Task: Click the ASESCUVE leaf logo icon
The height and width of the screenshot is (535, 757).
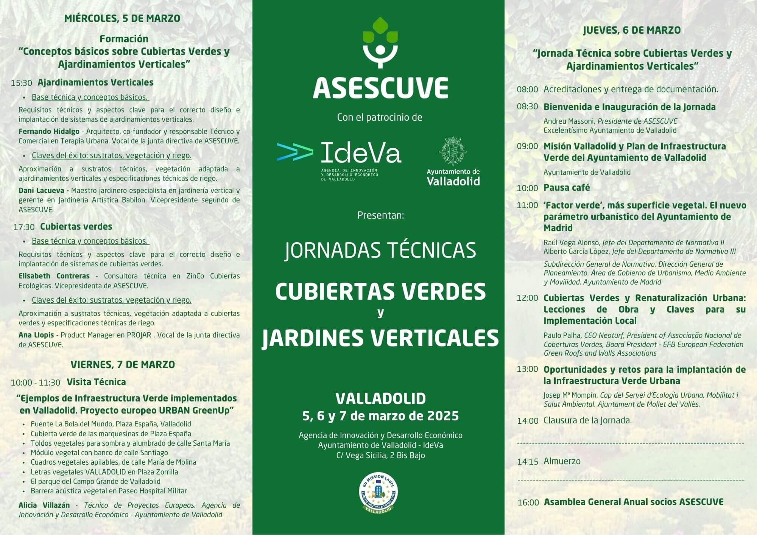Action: pyautogui.click(x=380, y=42)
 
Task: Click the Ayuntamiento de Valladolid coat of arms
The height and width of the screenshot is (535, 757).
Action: pyautogui.click(x=453, y=151)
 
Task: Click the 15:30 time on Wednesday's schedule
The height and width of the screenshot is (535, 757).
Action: pyautogui.click(x=21, y=83)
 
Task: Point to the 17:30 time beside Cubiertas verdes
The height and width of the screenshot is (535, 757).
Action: pyautogui.click(x=24, y=227)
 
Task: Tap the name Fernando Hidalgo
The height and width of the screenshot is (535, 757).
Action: pyautogui.click(x=49, y=132)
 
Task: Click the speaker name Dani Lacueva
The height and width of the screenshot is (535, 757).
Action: pyautogui.click(x=41, y=191)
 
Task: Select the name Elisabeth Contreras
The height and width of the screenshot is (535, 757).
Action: pyautogui.click(x=54, y=276)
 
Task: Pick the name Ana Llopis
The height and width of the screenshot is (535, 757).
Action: pyautogui.click(x=37, y=335)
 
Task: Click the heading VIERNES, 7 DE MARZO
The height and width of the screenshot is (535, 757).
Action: pyautogui.click(x=123, y=365)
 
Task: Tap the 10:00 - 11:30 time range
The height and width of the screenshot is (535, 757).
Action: pyautogui.click(x=36, y=383)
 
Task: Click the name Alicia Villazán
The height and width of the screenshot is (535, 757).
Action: pyautogui.click(x=44, y=505)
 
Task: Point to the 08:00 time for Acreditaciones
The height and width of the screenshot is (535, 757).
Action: pyautogui.click(x=527, y=90)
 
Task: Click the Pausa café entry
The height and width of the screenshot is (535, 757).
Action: pyautogui.click(x=567, y=188)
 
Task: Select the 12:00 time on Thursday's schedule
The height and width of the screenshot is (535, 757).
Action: pyautogui.click(x=527, y=298)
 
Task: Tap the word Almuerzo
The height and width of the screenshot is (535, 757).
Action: pyautogui.click(x=562, y=461)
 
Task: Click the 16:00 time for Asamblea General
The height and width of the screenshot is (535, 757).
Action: pyautogui.click(x=528, y=503)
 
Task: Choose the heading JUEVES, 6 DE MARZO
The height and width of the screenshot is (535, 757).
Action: pyautogui.click(x=632, y=30)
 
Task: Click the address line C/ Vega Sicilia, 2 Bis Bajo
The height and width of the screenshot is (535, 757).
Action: pyautogui.click(x=380, y=456)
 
